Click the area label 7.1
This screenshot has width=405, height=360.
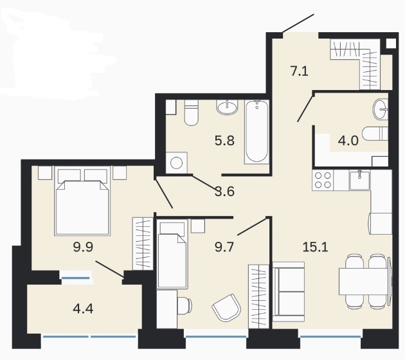(300, 71)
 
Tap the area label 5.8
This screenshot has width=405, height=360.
(224, 141)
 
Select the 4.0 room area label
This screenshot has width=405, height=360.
(348, 141)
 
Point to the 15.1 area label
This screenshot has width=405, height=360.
(316, 247)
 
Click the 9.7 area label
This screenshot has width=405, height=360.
(224, 247)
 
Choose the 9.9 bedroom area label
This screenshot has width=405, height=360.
(83, 247)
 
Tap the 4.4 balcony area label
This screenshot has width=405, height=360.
(83, 309)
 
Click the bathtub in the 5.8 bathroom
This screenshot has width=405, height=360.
(256, 132)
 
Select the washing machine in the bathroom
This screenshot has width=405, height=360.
(176, 163)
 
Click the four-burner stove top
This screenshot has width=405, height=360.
(323, 180)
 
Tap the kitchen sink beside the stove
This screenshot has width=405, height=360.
(360, 180)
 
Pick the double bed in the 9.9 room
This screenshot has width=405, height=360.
(82, 201)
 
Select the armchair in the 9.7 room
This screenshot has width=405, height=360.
(226, 307)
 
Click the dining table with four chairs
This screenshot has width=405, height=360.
(366, 282)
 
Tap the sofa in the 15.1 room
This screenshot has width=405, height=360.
(289, 292)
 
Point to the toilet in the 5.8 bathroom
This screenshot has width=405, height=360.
(192, 113)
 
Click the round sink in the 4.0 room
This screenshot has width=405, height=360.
(381, 109)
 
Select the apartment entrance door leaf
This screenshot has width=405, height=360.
(298, 23)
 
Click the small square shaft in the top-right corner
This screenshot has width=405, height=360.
(391, 43)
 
